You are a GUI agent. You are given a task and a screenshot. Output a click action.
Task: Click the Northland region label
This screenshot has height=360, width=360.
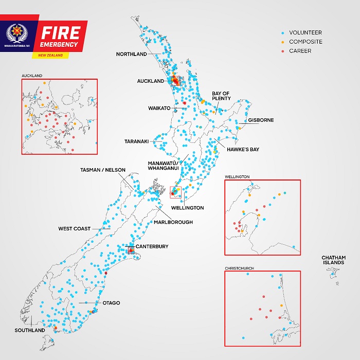(131, 54)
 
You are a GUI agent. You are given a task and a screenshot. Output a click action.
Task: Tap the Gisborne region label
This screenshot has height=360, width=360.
(261, 120)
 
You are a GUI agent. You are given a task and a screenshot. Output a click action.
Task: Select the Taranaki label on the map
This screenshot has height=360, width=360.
(136, 141)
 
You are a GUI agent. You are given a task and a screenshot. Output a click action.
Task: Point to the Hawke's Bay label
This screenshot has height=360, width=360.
(244, 150)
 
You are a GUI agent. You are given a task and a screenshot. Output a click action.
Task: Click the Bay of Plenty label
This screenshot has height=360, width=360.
(221, 96)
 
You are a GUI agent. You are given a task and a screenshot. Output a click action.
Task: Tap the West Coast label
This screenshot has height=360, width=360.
(75, 229)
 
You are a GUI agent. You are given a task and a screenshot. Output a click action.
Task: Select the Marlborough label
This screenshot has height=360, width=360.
(173, 222)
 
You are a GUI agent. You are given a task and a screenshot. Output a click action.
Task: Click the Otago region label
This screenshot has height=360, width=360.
(111, 303)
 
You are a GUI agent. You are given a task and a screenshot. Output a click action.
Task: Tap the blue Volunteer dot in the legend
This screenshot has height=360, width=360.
(283, 32)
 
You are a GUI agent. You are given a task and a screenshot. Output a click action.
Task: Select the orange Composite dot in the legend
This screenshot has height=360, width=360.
(283, 42)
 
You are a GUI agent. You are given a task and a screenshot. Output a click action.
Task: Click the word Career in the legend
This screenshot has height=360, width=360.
(300, 51)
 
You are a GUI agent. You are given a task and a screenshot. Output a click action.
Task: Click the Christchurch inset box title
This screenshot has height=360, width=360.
(239, 268)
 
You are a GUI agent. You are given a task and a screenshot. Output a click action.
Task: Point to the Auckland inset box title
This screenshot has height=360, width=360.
(32, 76)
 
